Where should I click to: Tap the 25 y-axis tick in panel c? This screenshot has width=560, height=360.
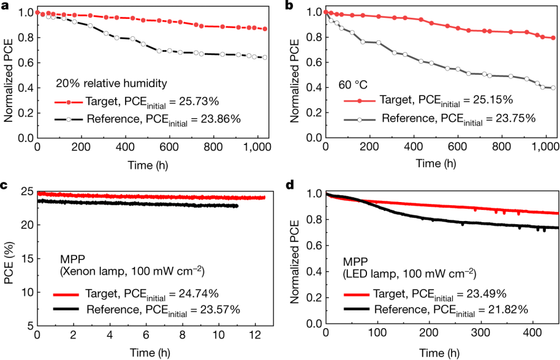pos(27,192)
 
